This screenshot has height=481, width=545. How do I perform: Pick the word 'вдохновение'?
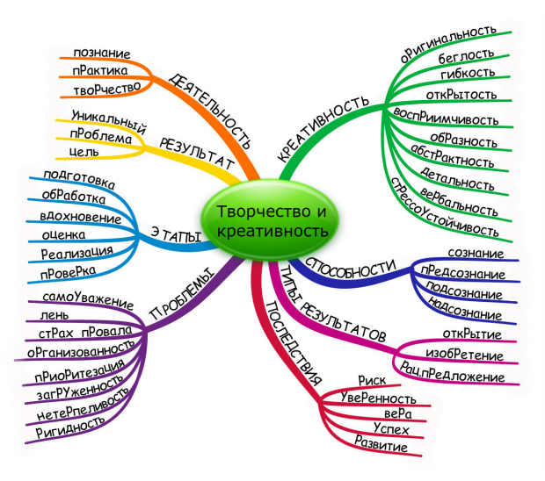[82, 216]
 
